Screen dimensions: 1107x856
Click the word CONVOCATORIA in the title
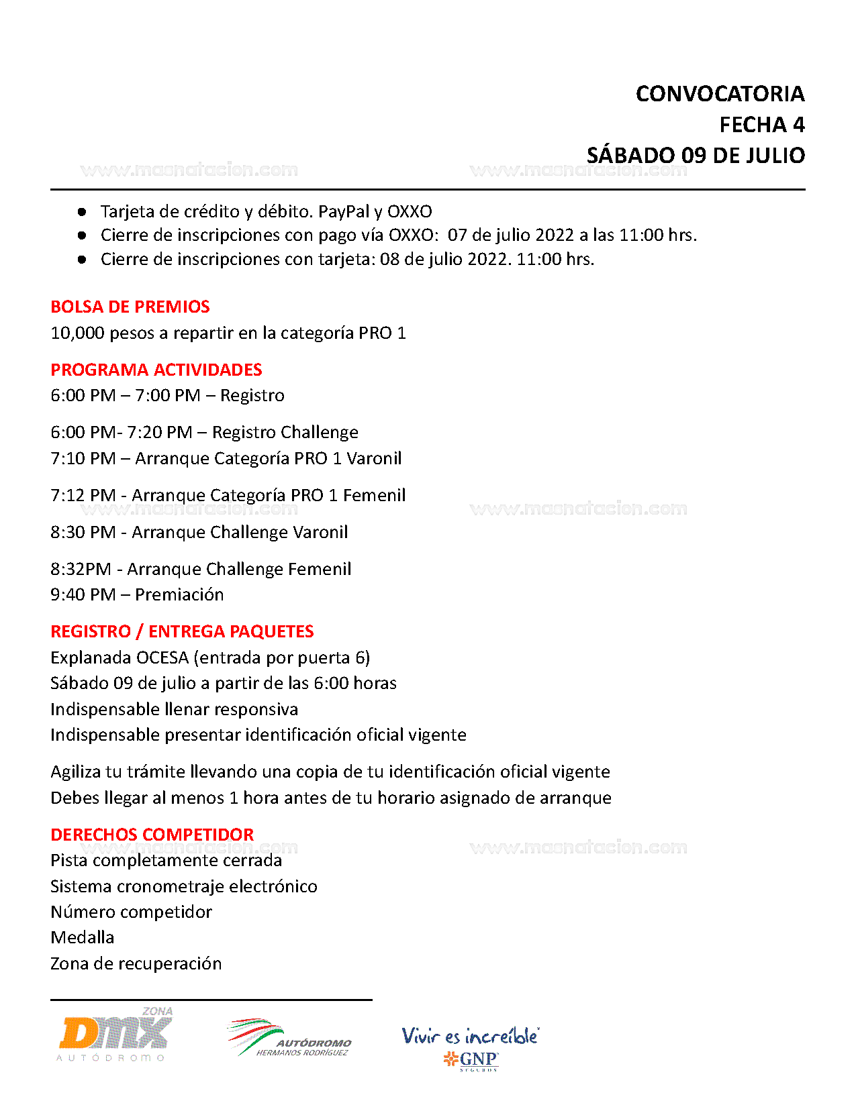click(720, 94)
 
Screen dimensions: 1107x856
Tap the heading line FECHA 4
click(761, 125)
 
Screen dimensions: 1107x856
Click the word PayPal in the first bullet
click(344, 211)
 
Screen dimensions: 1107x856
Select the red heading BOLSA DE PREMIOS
click(130, 307)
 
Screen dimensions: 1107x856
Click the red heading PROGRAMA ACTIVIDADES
click(156, 370)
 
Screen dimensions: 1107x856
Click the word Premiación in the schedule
click(179, 594)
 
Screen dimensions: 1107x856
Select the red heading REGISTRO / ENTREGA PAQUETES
click(182, 631)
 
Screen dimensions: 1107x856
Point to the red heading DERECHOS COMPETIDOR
click(152, 835)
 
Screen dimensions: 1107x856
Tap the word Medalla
click(83, 937)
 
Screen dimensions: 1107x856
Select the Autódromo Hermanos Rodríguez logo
click(289, 1039)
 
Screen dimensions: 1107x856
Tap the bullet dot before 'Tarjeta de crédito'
click(82, 212)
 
